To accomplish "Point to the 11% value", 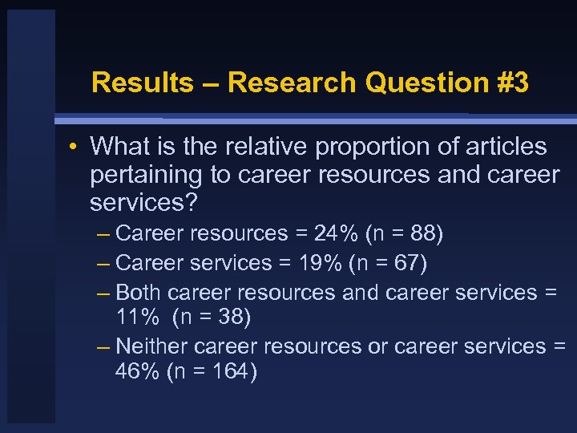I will (137, 318).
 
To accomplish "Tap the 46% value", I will (138, 373).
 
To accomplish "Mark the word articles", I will (502, 147).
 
